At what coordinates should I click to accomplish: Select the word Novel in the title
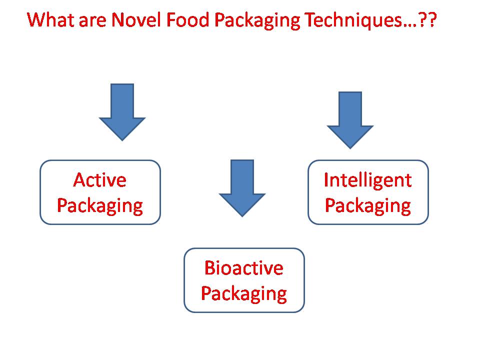click(136, 20)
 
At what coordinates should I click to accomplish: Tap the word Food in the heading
click(188, 20)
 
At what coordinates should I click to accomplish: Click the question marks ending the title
click(427, 20)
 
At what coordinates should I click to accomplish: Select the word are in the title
click(92, 22)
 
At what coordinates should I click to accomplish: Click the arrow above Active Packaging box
click(122, 112)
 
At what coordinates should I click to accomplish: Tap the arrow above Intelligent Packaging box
click(350, 120)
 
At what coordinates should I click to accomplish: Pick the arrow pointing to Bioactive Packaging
click(242, 188)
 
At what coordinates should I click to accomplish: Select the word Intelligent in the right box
click(367, 180)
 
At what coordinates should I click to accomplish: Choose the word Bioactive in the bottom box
click(244, 268)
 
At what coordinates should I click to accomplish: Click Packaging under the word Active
click(100, 206)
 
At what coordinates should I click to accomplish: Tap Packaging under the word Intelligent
click(367, 206)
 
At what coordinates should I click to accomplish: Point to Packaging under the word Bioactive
click(244, 294)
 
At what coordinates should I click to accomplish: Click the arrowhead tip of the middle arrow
click(242, 216)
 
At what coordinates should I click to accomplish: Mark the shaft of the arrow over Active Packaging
click(122, 100)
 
